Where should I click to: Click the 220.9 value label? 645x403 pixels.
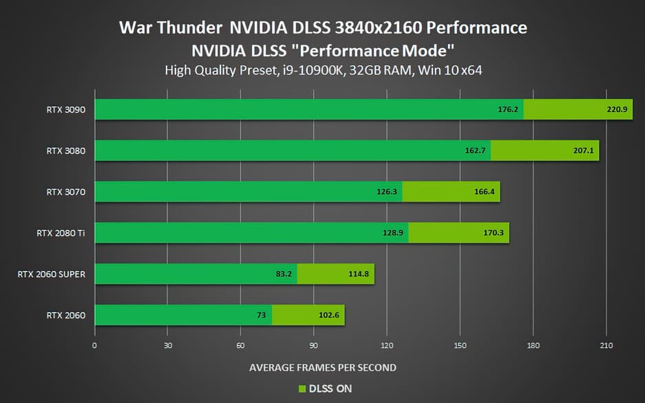tap(618, 109)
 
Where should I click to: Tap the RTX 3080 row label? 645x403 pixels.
tap(65, 151)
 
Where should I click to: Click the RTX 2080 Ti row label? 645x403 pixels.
tap(61, 233)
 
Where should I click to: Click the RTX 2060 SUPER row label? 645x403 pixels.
tap(52, 274)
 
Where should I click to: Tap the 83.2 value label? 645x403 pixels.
tap(282, 274)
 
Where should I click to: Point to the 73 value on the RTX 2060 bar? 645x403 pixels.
tap(262, 316)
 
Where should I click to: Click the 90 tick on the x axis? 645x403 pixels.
tap(313, 345)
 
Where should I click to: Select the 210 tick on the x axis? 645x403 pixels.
tap(606, 345)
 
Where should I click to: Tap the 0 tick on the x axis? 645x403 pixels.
tap(94, 345)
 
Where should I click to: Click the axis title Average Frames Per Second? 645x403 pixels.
tap(322, 367)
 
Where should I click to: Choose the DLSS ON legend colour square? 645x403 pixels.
tap(301, 389)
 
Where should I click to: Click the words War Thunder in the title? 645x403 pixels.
tap(170, 28)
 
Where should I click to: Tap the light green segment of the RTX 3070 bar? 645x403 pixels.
tap(451, 192)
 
